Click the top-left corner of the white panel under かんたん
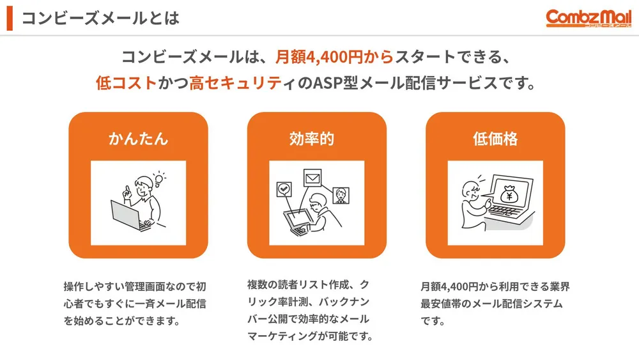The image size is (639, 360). pos(91,161)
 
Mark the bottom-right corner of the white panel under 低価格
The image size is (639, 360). pos(543,246)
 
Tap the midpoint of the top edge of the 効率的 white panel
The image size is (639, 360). pos(317,161)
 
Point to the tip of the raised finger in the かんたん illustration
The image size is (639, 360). pos(128,187)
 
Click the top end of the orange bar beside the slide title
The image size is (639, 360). pos(10,6)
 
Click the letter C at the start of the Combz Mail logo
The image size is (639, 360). pos(552,17)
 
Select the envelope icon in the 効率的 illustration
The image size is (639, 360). pos(312,178)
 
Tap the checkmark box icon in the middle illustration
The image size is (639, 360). pos(284,189)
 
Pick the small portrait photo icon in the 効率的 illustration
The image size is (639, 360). pos(341,196)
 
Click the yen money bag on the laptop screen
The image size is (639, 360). pos(509,194)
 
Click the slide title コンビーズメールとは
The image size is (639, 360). pos(100,19)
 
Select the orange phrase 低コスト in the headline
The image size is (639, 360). pos(127,82)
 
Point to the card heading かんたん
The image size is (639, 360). pos(139,139)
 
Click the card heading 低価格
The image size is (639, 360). pos(495,139)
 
